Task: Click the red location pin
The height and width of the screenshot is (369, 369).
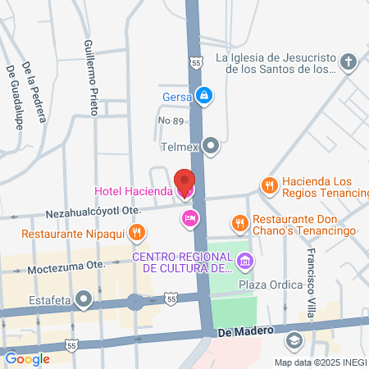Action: pyautogui.click(x=184, y=180)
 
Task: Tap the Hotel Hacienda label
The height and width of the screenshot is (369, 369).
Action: pyautogui.click(x=133, y=191)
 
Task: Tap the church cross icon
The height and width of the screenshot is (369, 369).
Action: pyautogui.click(x=348, y=63)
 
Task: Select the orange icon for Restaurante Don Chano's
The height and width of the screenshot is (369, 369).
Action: pyautogui.click(x=239, y=222)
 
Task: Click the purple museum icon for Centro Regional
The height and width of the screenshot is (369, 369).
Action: pyautogui.click(x=244, y=262)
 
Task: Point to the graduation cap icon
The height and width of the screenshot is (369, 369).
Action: pyautogui.click(x=294, y=340)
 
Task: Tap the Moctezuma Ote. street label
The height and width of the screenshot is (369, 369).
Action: pyautogui.click(x=67, y=267)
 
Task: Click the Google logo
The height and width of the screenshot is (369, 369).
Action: pyautogui.click(x=26, y=358)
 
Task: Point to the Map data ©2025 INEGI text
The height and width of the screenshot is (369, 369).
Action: pyautogui.click(x=320, y=362)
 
